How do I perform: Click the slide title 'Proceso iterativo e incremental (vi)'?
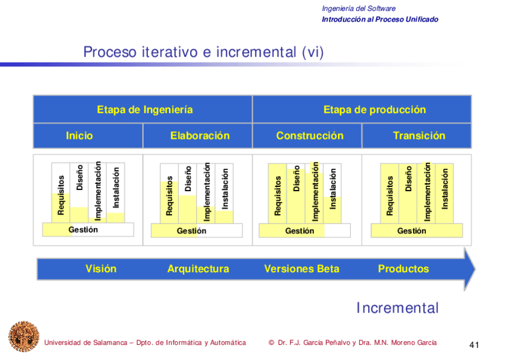(203, 52)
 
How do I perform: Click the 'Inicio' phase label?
(79, 136)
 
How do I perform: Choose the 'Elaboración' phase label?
(200, 136)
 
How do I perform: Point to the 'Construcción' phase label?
(310, 136)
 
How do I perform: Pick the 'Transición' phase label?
(419, 136)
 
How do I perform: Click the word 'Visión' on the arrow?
(101, 269)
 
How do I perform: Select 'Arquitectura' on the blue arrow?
(198, 269)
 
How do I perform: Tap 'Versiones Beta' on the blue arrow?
(301, 269)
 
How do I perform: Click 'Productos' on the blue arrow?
(404, 269)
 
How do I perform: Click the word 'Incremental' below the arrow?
(397, 308)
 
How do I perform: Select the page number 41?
(474, 344)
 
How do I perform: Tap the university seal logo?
(23, 336)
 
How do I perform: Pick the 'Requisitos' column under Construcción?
(277, 194)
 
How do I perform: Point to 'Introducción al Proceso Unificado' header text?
(380, 19)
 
